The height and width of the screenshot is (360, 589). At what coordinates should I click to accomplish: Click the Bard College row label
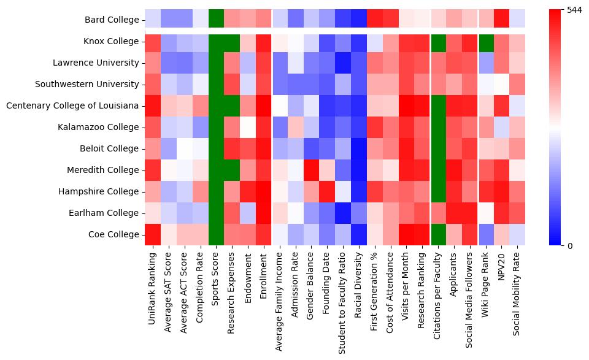pos(112,20)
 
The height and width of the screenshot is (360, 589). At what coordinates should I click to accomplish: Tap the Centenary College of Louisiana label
pos(72,106)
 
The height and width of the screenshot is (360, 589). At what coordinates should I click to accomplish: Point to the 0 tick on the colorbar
pos(570,246)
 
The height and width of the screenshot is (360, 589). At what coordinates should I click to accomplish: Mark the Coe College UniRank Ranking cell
pos(152,235)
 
